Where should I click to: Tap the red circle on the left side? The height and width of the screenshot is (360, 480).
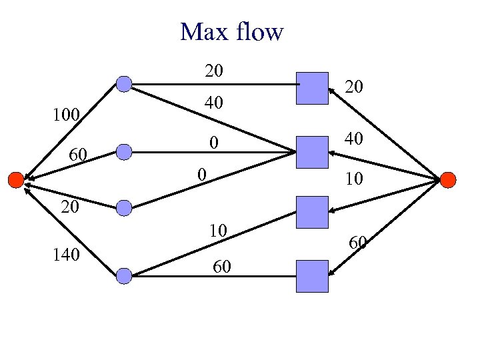[15, 179]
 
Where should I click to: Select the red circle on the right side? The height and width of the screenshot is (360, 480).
[448, 179]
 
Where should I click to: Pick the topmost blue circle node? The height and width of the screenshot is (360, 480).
[124, 84]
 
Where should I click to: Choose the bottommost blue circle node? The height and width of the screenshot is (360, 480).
[124, 275]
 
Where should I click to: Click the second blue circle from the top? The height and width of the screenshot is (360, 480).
[124, 153]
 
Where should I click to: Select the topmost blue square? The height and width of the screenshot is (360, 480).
[313, 88]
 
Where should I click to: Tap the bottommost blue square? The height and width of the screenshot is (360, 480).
[313, 276]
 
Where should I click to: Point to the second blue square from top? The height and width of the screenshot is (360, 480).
[313, 151]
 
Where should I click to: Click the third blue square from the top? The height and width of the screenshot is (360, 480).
[313, 213]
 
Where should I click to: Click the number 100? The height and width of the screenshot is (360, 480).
[67, 115]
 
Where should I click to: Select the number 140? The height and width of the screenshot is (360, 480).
[67, 254]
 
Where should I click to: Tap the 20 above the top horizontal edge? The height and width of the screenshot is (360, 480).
[214, 70]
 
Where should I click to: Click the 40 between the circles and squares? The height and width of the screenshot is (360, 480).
[214, 103]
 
